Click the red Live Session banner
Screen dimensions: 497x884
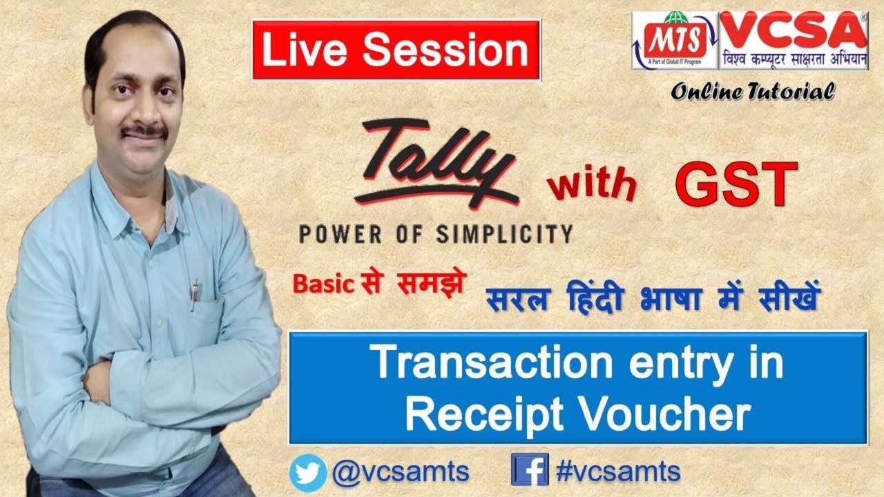coord(395,50)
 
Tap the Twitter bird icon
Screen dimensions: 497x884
coord(308,473)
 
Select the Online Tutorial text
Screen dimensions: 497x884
coord(752,90)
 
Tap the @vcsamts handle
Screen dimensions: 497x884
coord(401,473)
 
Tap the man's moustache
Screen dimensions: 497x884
coord(144,129)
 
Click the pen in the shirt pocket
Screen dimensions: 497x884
coord(195,294)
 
